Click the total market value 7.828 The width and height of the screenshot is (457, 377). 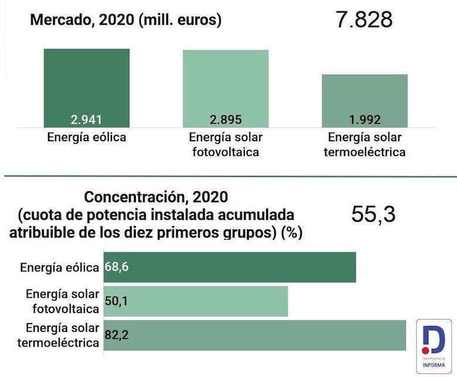364,19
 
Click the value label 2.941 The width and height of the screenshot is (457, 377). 87,120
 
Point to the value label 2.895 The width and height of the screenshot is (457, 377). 226,120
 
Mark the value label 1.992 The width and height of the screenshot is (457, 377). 364,120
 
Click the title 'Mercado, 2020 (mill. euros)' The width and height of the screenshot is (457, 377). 125,20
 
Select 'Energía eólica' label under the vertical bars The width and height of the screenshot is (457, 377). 87,138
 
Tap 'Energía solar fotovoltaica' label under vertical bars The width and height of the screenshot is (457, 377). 226,145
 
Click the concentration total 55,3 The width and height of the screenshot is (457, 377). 373,215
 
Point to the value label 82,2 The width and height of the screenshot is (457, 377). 117,335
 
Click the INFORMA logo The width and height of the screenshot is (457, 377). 434,346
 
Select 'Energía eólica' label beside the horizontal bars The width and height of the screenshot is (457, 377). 59,267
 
